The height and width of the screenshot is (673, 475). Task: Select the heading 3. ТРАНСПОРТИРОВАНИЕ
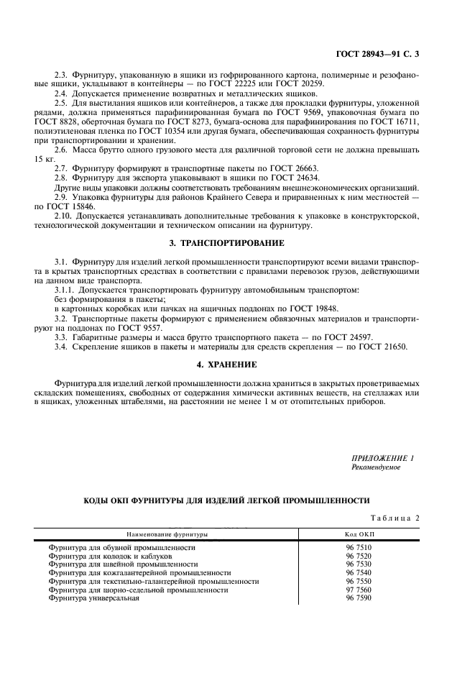coord(226,243)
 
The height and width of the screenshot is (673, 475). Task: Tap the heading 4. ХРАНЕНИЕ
coord(226,365)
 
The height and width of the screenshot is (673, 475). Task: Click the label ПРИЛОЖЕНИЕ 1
coord(383,458)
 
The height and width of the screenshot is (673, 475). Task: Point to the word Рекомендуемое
coord(377,467)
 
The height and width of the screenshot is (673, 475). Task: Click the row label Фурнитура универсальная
coord(93,598)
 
